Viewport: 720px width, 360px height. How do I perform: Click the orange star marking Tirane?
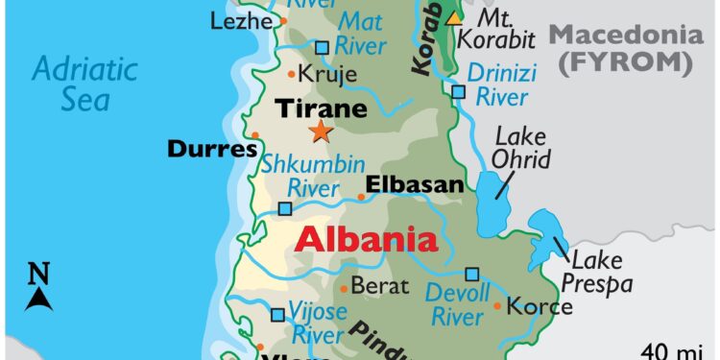pyautogui.click(x=320, y=132)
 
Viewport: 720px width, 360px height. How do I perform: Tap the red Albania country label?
pyautogui.click(x=365, y=239)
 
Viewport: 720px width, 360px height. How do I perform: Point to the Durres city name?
pyautogui.click(x=212, y=149)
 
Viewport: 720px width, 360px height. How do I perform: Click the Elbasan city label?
pyautogui.click(x=415, y=184)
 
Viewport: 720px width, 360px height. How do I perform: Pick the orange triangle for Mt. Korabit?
pyautogui.click(x=453, y=17)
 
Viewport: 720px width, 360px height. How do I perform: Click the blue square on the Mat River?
pyautogui.click(x=322, y=46)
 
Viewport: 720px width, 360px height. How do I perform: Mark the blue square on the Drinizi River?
pyautogui.click(x=458, y=92)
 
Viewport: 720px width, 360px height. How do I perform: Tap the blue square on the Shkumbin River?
pyautogui.click(x=285, y=208)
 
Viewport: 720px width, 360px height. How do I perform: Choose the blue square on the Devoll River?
pyautogui.click(x=471, y=274)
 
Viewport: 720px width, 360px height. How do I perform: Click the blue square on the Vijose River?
pyautogui.click(x=277, y=314)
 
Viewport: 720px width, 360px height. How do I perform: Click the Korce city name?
pyautogui.click(x=540, y=306)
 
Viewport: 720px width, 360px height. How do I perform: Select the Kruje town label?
pyautogui.click(x=327, y=73)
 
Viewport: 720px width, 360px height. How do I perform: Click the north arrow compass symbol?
pyautogui.click(x=38, y=288)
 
